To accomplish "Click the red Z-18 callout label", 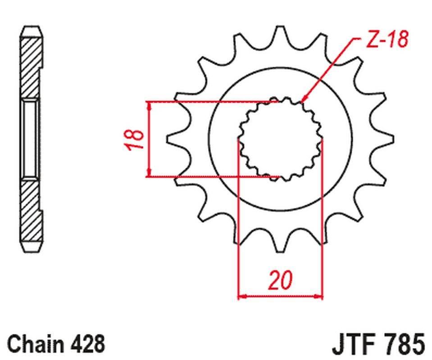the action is [x=387, y=39].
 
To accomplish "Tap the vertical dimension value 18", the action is [x=134, y=139].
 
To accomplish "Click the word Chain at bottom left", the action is [x=35, y=344].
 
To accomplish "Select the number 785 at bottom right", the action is [x=405, y=344].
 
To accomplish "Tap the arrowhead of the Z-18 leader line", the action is [x=304, y=99].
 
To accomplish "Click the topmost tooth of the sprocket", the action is [x=280, y=31].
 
